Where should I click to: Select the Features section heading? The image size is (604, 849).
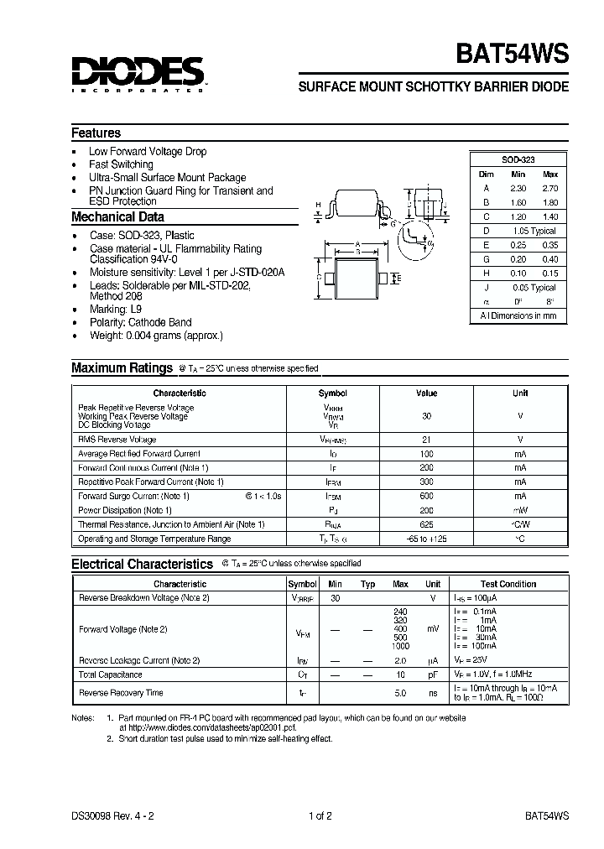tap(96, 133)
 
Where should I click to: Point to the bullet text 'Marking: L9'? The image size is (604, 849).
tap(116, 310)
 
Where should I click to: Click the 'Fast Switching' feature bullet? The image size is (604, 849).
tap(121, 164)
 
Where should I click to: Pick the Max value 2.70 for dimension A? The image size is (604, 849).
tap(549, 189)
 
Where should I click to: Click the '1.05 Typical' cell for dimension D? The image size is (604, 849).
tap(532, 231)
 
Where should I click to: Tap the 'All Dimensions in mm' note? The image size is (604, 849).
tap(518, 316)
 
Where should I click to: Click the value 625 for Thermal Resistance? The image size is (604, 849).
tap(426, 524)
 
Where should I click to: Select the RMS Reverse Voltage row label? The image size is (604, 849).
tap(117, 440)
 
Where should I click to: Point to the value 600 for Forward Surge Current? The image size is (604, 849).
tap(426, 496)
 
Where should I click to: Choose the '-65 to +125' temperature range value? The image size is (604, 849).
tap(426, 539)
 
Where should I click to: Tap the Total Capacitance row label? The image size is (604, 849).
tap(110, 675)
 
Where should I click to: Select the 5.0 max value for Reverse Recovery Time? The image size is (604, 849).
tap(400, 693)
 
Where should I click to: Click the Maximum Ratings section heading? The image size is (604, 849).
tap(121, 367)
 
